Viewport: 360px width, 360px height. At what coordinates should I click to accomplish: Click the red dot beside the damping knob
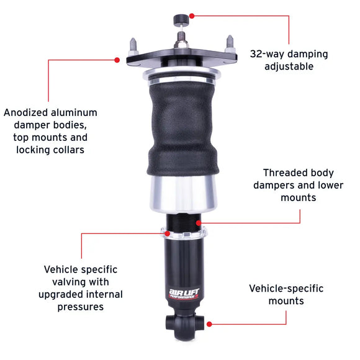pos(192,15)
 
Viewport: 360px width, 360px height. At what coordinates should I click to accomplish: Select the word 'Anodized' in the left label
pos(24,112)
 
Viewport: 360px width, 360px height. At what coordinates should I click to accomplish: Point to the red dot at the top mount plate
pos(117,60)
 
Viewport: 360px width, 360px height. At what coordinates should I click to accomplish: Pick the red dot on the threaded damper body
pos(198,222)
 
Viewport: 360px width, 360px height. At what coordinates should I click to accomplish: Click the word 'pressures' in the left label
pos(81,307)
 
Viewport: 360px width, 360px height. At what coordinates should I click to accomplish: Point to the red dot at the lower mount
pos(210,323)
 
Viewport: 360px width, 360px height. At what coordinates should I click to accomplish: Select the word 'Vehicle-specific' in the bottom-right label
pos(286,289)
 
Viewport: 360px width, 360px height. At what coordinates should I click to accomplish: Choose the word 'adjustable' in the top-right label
pos(289,66)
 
